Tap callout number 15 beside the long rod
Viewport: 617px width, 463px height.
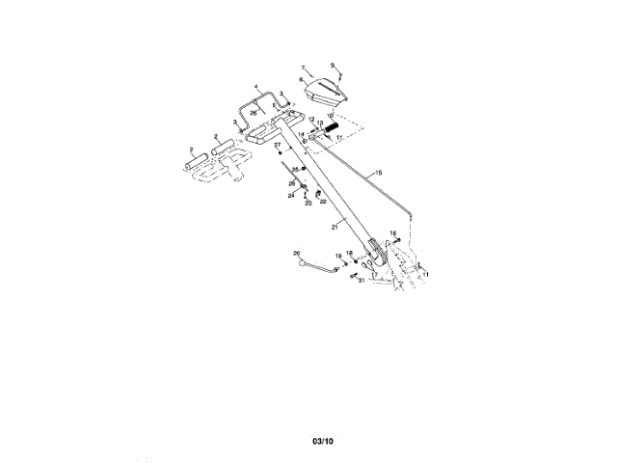379,172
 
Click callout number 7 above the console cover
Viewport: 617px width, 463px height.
303,68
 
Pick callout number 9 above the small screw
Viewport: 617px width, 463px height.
333,65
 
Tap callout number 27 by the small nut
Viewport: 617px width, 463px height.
277,145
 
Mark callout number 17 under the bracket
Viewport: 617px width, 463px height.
374,274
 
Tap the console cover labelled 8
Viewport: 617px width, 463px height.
326,92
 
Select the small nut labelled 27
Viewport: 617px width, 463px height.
280,155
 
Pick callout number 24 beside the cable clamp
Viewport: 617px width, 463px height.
290,195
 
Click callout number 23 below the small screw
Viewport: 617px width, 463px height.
308,203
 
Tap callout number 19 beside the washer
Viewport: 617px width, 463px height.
338,256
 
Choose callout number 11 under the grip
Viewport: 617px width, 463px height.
338,139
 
